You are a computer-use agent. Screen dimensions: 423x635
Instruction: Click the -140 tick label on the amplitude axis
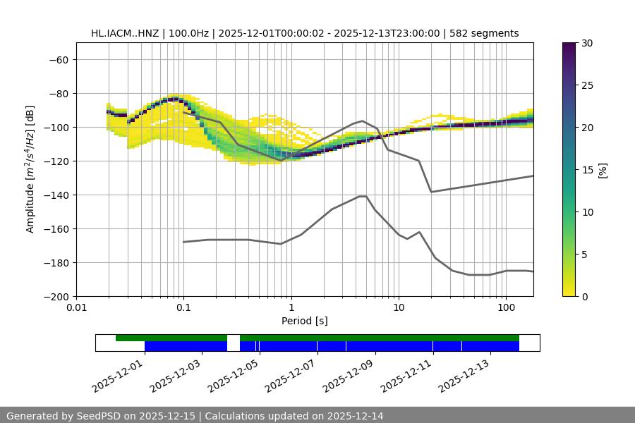(x=57, y=195)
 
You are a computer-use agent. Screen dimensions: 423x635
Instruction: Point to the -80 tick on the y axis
(x=57, y=94)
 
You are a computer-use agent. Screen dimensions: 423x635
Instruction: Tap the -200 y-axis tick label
(x=57, y=297)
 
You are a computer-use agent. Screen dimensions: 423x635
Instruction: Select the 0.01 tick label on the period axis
(x=76, y=307)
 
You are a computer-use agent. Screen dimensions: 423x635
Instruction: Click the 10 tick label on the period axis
(x=399, y=307)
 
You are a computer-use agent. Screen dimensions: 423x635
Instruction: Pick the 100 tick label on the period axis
(x=506, y=307)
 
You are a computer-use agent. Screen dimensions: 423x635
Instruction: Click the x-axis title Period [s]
(x=305, y=321)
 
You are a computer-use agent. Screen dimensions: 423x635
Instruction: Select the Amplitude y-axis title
(x=30, y=170)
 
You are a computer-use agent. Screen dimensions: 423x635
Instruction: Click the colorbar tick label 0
(x=585, y=297)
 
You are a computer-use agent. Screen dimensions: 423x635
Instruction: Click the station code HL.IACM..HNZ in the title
(x=125, y=33)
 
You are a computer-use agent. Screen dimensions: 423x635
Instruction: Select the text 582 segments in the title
(x=487, y=33)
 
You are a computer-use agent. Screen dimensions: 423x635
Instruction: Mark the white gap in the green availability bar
(x=234, y=338)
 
